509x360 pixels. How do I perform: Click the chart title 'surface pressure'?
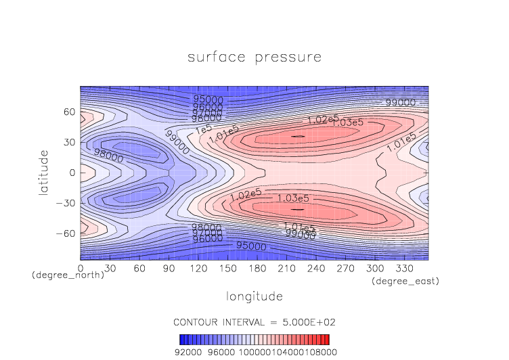[255, 57]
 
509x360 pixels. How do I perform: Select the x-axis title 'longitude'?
[255, 296]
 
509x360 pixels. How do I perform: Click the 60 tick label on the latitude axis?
[69, 112]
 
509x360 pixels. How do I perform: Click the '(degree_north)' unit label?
[68, 276]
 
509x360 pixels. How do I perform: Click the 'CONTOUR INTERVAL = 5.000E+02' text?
[255, 321]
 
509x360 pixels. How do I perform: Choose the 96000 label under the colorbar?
[221, 352]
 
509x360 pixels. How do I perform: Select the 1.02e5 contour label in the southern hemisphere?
[246, 196]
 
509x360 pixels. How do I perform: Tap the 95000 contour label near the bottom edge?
[251, 246]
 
